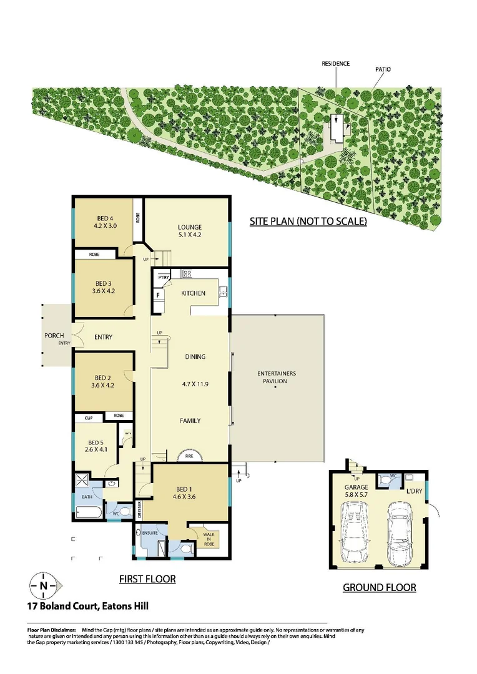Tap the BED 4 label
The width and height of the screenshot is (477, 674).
103,223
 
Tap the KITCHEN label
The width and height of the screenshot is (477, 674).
193,293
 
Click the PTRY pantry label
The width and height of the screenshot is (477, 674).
164,277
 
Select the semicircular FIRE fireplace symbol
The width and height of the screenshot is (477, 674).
189,456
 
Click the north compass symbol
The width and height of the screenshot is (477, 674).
43,585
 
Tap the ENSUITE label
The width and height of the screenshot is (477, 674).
150,533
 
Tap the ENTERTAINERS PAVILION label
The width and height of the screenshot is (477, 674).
277,378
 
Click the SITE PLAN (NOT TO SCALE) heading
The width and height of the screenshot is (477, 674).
308,222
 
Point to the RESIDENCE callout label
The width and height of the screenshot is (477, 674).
335,64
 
